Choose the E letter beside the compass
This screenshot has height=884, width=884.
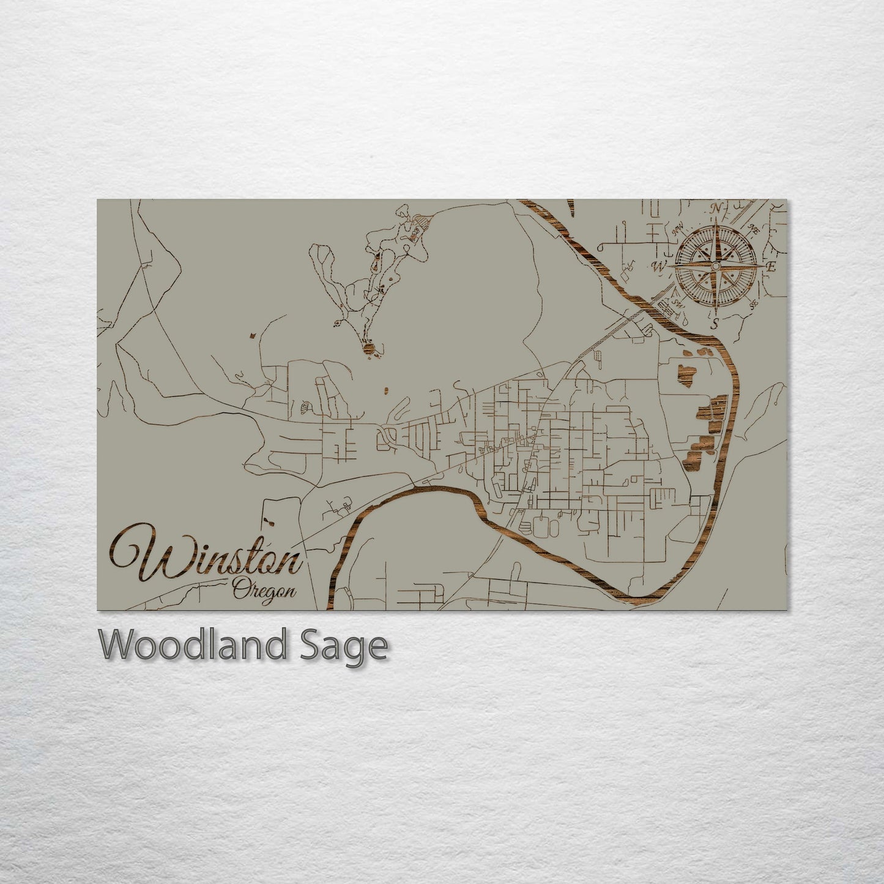(771, 267)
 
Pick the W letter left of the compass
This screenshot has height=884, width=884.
(660, 266)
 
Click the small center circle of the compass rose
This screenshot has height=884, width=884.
(715, 266)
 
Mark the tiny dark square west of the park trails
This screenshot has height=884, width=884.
(250, 335)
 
